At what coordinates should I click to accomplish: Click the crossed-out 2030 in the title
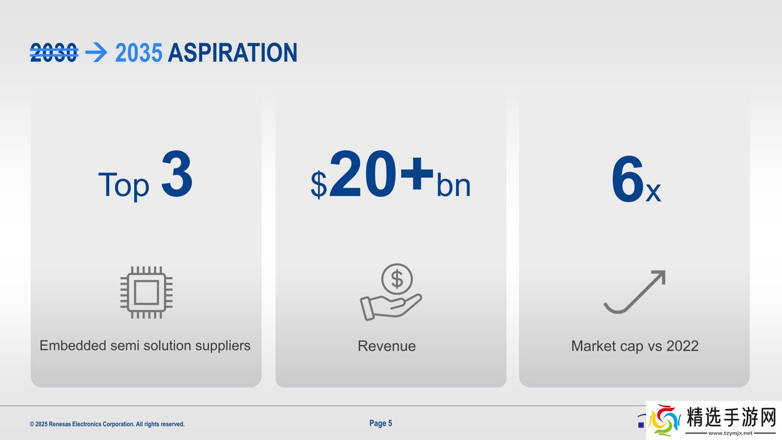54,53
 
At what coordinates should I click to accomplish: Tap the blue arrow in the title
96,53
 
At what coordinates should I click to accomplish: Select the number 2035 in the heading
138,53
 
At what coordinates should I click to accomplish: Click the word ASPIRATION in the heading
232,53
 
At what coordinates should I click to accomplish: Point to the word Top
124,185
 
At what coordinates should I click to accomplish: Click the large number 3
176,174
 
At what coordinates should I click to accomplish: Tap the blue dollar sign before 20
319,185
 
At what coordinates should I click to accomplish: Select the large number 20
363,174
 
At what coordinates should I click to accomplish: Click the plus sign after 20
417,174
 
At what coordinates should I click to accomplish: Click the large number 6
627,178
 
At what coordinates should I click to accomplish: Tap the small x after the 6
653,192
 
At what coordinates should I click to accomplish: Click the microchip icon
146,293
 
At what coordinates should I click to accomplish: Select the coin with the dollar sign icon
397,279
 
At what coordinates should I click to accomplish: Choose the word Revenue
387,346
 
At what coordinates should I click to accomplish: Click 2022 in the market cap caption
683,346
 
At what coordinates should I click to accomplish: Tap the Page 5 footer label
381,423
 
